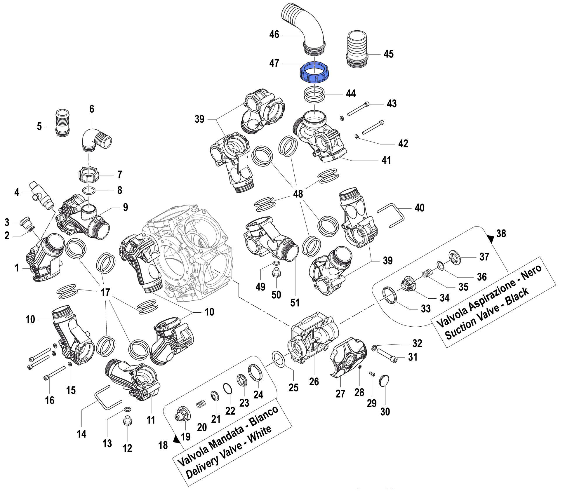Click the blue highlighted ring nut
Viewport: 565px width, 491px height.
coord(314,72)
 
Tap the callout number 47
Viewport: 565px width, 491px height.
coord(274,63)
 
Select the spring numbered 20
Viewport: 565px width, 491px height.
coord(201,405)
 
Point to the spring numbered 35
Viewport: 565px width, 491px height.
coord(427,274)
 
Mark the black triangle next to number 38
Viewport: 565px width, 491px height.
coord(491,239)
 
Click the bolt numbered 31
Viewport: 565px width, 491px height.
coord(387,356)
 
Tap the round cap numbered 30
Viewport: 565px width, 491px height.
coord(384,381)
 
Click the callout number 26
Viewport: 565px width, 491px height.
coord(314,382)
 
